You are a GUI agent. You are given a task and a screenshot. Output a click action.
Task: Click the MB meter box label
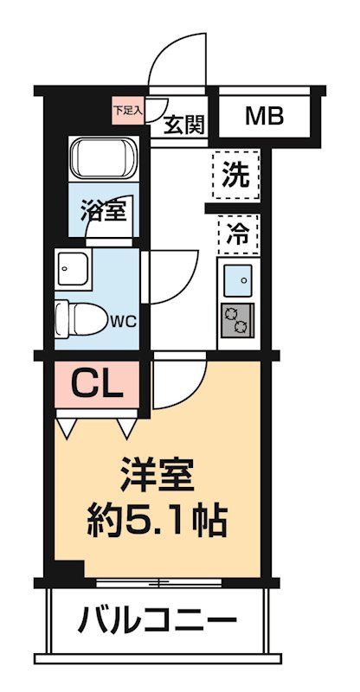[263, 115]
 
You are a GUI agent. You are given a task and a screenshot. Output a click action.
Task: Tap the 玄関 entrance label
[183, 126]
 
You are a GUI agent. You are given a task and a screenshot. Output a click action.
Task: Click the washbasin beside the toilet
[71, 271]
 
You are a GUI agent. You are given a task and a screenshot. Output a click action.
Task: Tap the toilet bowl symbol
[78, 317]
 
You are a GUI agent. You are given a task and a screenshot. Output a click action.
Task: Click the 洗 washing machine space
[235, 176]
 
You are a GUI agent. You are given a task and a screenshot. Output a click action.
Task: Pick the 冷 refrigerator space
[235, 231]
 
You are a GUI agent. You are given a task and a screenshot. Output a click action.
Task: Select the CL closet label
[95, 381]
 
